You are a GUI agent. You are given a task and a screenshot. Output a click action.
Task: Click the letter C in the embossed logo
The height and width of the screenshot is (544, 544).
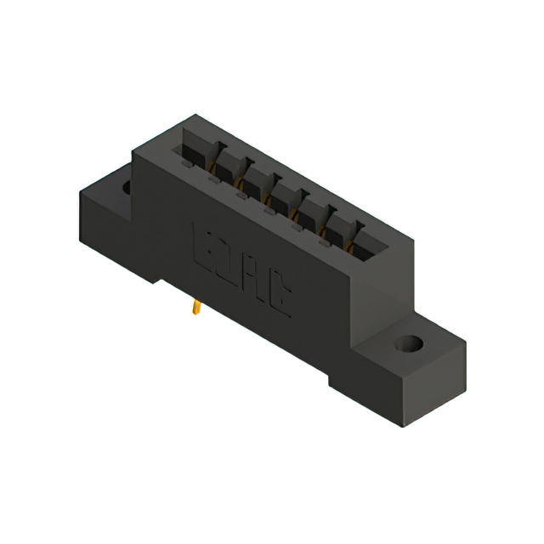click(x=277, y=292)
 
